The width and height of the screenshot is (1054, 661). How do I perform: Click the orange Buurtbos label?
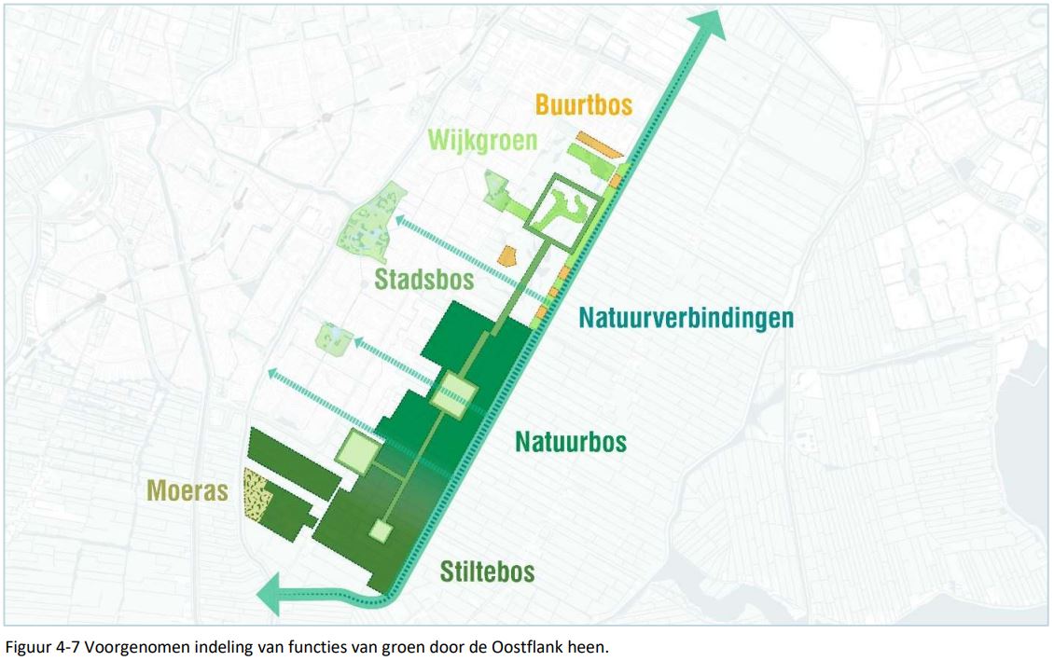click(x=584, y=103)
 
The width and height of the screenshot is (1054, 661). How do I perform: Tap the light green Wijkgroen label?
click(x=482, y=141)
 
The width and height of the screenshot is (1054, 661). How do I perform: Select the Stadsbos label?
click(x=424, y=279)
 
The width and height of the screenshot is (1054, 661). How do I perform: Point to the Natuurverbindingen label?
click(x=686, y=318)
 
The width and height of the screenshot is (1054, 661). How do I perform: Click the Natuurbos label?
click(x=571, y=440)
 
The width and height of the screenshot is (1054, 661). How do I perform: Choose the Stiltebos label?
click(x=487, y=571)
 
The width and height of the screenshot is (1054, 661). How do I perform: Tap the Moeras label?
click(x=187, y=490)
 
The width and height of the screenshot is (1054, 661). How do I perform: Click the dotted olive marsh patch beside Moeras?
click(x=256, y=496)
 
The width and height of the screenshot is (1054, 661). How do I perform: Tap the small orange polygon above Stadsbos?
click(x=506, y=255)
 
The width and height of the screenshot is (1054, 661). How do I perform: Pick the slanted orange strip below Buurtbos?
click(x=598, y=145)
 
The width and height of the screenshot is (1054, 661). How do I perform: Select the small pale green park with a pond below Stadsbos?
click(x=334, y=337)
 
